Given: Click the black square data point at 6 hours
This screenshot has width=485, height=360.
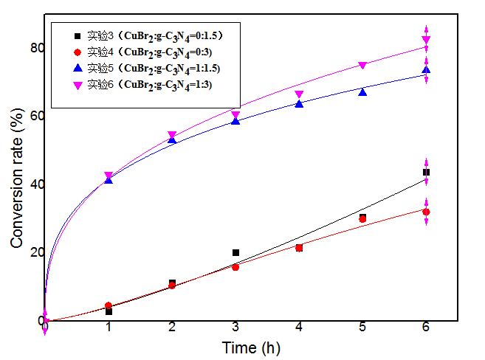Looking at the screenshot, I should point(426,172).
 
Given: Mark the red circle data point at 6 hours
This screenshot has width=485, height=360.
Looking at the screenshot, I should point(426,212).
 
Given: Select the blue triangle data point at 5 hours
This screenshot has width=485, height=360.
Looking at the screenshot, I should point(362,91).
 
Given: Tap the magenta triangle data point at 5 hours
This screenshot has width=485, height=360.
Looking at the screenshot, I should point(362,66).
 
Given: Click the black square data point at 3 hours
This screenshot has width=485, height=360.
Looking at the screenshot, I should point(235,252).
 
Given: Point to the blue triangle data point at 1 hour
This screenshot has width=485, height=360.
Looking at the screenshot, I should point(109,180).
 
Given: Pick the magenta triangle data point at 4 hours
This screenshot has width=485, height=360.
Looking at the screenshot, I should point(299,94).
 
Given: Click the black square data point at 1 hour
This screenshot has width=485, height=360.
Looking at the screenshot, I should point(109,311).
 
